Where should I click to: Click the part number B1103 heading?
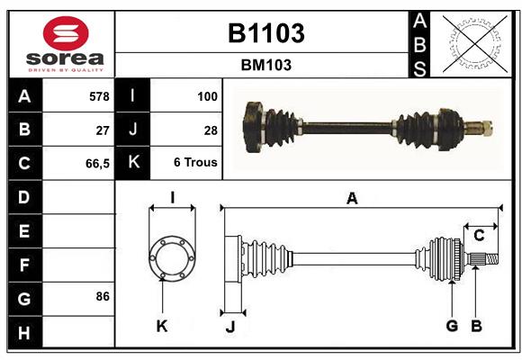point(265,33)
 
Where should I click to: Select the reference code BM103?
point(265,65)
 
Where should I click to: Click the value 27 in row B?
point(102,130)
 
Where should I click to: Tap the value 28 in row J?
point(211,130)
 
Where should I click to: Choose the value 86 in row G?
point(102,296)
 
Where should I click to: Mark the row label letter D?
point(23,196)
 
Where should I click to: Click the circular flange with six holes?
point(172,257)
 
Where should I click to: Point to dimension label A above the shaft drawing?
point(352,199)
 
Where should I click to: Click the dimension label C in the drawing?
point(480,236)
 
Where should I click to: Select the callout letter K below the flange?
point(162,326)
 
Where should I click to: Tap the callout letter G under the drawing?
point(452,326)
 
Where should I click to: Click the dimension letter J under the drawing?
point(229,328)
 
